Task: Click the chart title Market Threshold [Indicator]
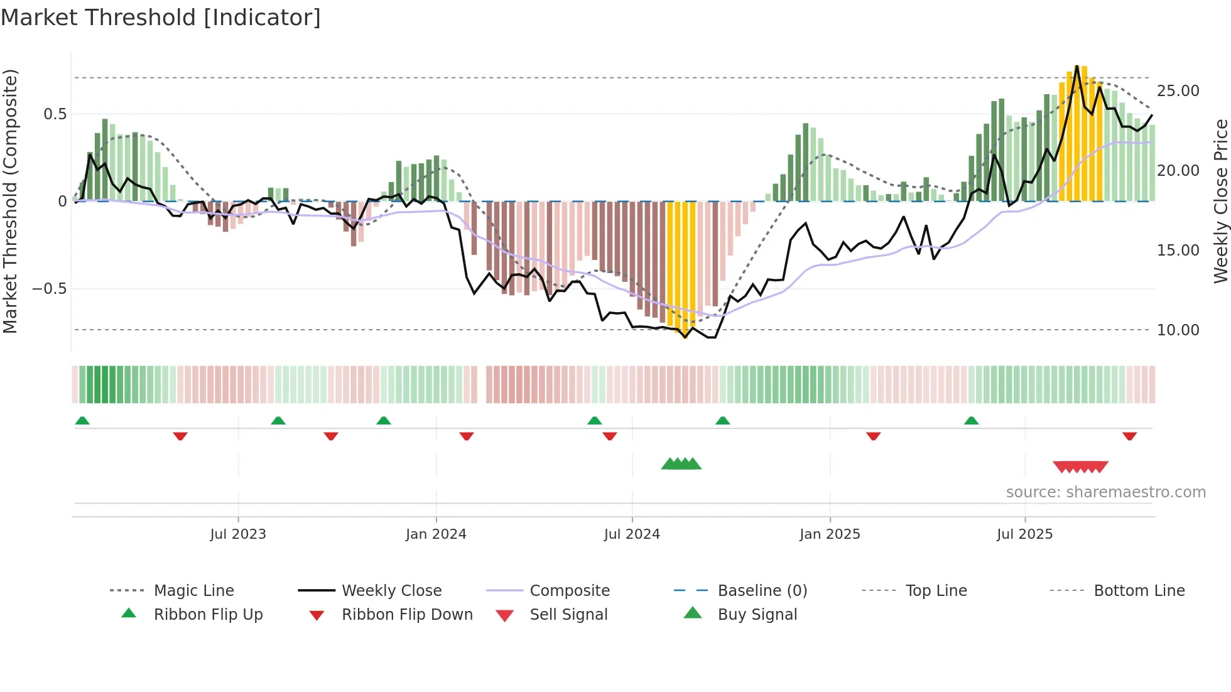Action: (161, 18)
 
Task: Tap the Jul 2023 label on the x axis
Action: (238, 534)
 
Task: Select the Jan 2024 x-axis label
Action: (436, 534)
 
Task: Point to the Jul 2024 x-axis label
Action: (632, 534)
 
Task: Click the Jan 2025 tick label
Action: (830, 534)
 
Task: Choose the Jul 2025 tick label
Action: (1024, 534)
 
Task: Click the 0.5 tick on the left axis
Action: (55, 114)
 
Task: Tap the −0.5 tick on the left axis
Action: (49, 289)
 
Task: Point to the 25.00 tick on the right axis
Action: (1178, 91)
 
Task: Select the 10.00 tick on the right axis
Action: (1178, 330)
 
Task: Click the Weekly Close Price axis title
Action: (1220, 201)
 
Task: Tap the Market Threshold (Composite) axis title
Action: (10, 201)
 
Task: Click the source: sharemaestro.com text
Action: (1105, 492)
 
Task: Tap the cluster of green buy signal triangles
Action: (681, 464)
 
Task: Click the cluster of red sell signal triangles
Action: (1080, 467)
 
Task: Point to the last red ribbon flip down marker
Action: (1129, 436)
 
